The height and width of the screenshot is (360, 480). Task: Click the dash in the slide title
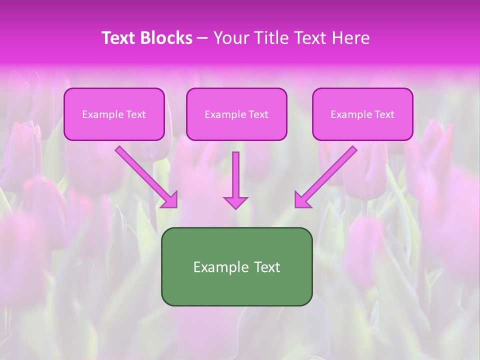(202, 38)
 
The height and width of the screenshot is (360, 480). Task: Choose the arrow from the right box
(327, 175)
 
